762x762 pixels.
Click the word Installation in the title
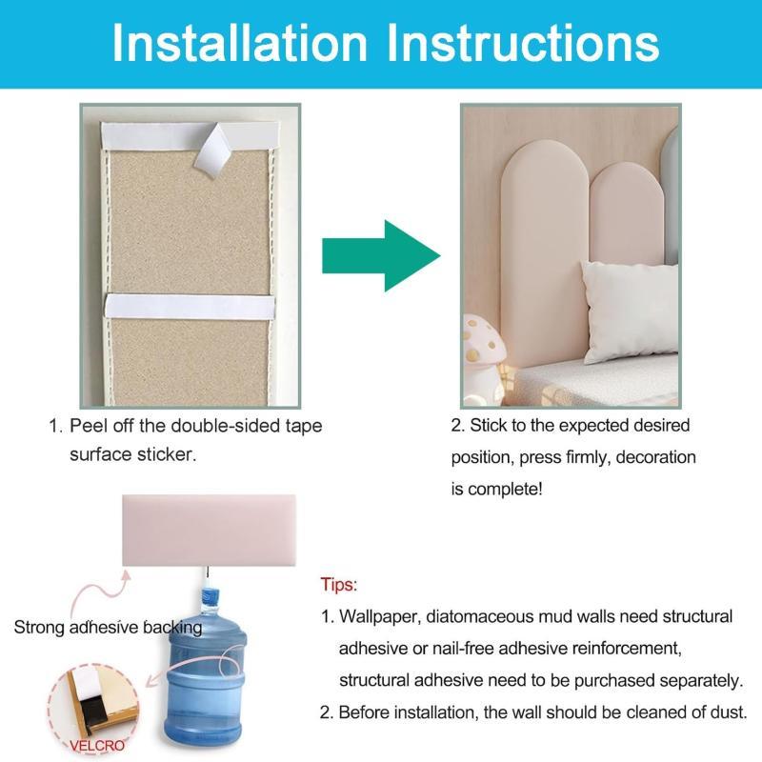240,43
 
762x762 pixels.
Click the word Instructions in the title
523,43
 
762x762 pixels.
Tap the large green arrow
381,255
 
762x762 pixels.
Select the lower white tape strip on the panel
190,306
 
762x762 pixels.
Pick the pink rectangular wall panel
209,531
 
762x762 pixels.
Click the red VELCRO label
97,745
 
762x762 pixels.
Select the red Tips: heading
339,584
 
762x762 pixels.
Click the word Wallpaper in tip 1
380,616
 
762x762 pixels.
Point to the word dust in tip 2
728,712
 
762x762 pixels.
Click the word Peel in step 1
89,426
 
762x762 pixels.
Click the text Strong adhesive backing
108,628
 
